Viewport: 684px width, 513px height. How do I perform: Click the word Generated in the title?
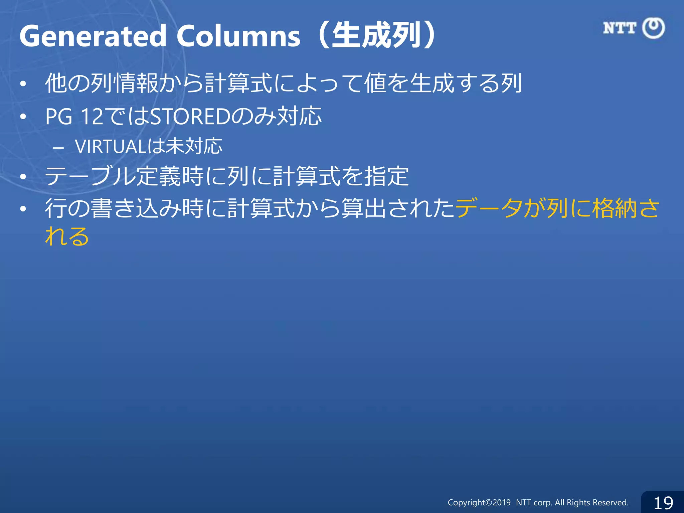point(93,36)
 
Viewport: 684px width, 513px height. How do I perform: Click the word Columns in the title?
point(238,36)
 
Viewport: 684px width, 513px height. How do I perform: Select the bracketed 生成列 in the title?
point(376,35)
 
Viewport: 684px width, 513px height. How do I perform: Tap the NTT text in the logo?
point(620,28)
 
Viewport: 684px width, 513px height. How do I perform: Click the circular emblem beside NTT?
point(654,28)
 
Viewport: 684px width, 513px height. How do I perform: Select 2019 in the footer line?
point(502,503)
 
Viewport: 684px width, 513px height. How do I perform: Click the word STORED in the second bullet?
point(190,117)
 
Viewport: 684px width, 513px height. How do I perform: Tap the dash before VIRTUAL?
point(58,147)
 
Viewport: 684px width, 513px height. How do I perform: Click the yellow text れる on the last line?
point(67,236)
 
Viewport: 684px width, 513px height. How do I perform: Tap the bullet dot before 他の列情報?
point(23,84)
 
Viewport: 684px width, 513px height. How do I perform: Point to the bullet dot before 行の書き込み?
point(23,209)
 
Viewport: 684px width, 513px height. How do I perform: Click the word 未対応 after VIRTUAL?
point(194,147)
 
